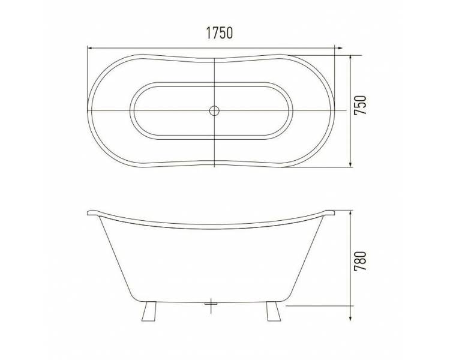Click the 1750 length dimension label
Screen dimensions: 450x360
(219, 33)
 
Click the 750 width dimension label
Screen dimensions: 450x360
(360, 106)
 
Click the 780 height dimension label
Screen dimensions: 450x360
(360, 261)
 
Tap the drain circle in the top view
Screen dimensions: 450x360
(214, 110)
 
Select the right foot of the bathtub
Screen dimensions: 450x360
(274, 311)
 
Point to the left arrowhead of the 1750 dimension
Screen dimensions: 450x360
(90, 48)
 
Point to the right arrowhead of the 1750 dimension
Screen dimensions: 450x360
(339, 48)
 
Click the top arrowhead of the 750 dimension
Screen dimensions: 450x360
(350, 58)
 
